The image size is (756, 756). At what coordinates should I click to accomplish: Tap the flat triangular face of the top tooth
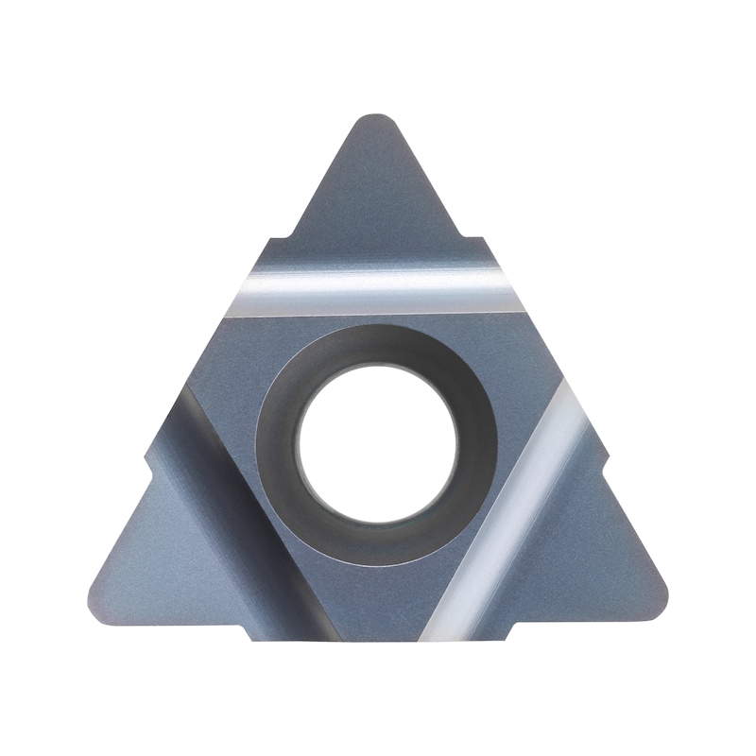coord(378,189)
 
